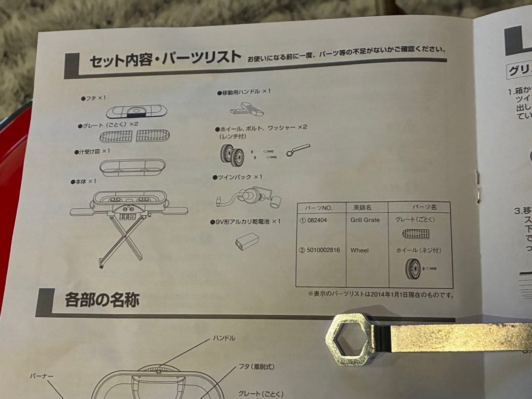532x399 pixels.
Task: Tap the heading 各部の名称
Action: pyautogui.click(x=102, y=299)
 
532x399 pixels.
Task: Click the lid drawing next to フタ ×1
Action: pyautogui.click(x=136, y=112)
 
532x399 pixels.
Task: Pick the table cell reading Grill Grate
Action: pyautogui.click(x=365, y=220)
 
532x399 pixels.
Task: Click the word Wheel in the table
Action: pyautogui.click(x=360, y=250)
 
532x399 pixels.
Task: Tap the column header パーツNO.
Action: pyautogui.click(x=322, y=207)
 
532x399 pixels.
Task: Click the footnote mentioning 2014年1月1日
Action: pyautogui.click(x=380, y=295)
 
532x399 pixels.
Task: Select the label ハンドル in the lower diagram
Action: pyautogui.click(x=224, y=338)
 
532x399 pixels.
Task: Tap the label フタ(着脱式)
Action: pyautogui.click(x=256, y=366)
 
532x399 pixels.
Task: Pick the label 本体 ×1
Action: pyautogui.click(x=85, y=181)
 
